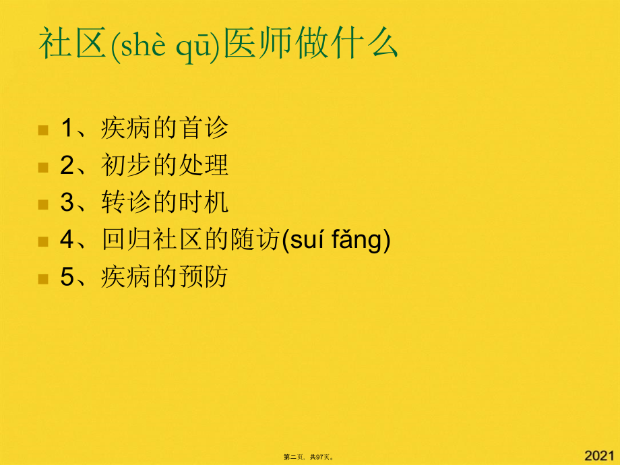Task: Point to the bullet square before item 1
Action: (x=43, y=129)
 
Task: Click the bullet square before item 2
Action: (x=43, y=166)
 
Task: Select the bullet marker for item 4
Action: (x=43, y=241)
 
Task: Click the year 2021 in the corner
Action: (x=600, y=455)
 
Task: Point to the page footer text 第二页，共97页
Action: (x=309, y=457)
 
